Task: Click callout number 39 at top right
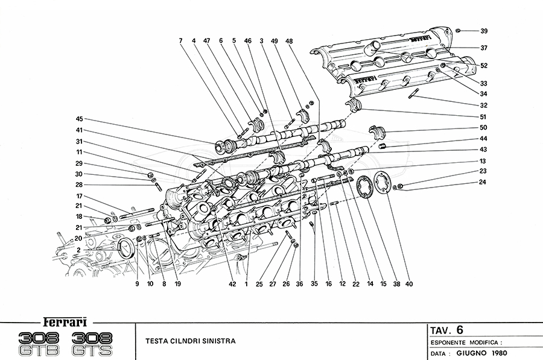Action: tap(484, 31)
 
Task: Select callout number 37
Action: tap(484, 48)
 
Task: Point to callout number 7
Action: tap(180, 40)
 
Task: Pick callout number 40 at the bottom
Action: tap(410, 283)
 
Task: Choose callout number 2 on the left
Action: tap(78, 250)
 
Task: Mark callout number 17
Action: tap(78, 197)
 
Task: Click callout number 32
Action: tap(484, 106)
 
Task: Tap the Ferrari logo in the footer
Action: tap(63, 321)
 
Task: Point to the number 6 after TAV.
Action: tap(460, 329)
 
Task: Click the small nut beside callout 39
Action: tap(459, 30)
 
